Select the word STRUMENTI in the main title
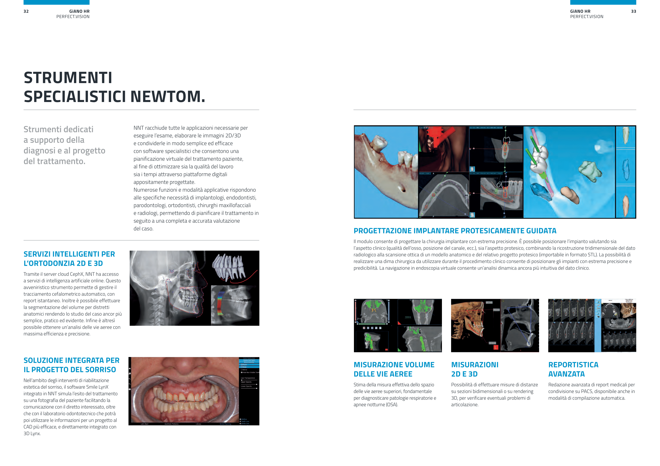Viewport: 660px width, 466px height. (68, 78)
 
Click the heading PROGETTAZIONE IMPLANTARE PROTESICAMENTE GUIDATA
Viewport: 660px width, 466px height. (455, 231)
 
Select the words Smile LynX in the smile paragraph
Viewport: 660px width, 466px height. (97, 387)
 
